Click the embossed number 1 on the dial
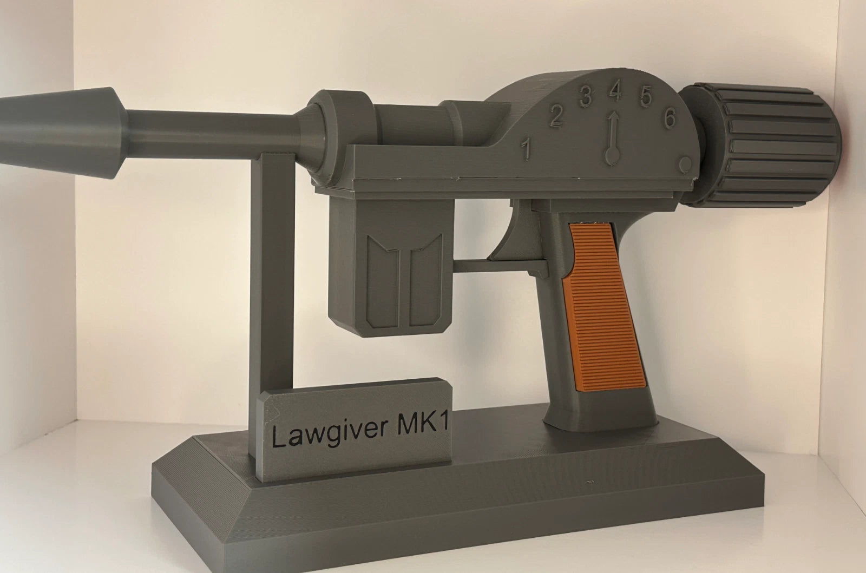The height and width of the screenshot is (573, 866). point(526,149)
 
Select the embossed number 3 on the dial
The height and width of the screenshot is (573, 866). point(586,96)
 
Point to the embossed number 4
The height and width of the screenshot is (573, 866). point(615,92)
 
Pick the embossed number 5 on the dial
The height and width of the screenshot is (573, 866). point(646,96)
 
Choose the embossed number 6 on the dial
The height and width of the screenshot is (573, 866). point(671,117)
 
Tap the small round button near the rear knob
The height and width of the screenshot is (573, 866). point(684,164)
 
